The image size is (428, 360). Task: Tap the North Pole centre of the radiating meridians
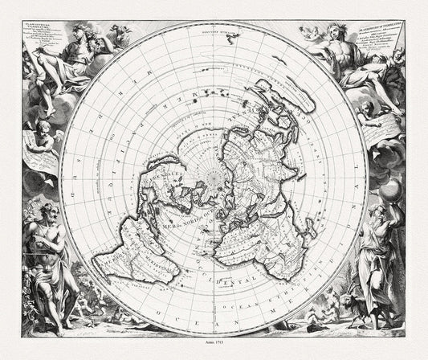click(x=214, y=173)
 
